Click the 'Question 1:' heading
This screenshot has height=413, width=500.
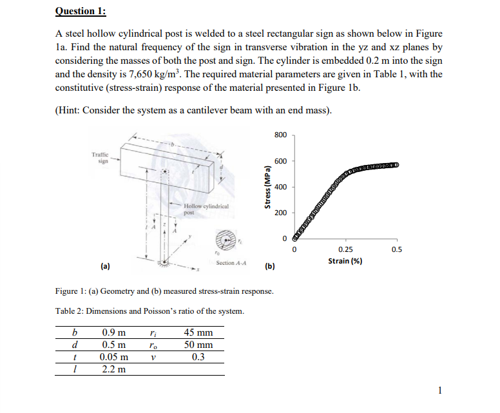[81, 11]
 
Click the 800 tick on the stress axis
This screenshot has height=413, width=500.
[280, 135]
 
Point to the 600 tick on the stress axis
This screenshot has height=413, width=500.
[280, 161]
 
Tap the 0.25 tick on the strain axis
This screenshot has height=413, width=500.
[345, 249]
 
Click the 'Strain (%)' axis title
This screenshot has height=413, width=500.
[345, 260]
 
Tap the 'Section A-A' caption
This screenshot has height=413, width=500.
[229, 263]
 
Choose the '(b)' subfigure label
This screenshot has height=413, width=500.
[270, 265]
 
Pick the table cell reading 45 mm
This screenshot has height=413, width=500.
[198, 333]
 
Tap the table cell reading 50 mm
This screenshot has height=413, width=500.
[198, 345]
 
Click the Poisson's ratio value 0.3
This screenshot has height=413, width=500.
[198, 358]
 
